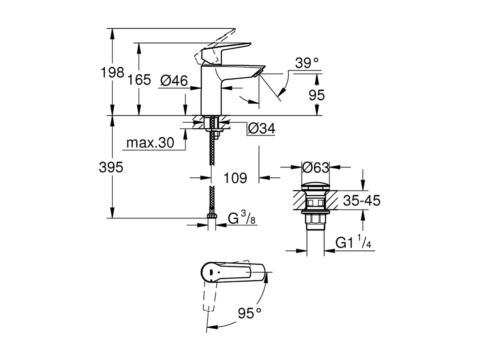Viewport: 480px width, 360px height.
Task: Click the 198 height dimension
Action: click(112, 73)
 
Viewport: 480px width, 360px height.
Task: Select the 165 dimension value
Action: click(138, 79)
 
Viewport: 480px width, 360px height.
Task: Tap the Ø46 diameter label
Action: click(174, 80)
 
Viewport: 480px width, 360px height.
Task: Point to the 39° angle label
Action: click(307, 63)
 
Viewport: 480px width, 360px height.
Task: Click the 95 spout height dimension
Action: click(316, 95)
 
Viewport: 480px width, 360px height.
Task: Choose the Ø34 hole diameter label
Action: click(261, 128)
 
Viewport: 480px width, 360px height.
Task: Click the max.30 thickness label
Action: click(150, 143)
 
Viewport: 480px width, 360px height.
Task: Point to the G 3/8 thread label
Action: click(240, 219)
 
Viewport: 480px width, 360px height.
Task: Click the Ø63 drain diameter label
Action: click(315, 167)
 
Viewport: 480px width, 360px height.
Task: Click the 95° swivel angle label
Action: click(249, 314)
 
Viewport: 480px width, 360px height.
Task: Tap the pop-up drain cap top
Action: click(315, 187)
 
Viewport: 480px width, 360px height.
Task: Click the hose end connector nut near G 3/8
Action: click(212, 217)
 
